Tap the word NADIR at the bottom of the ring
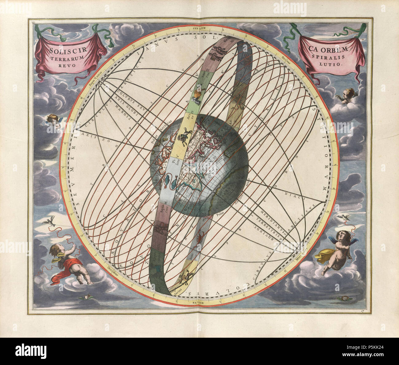pyautogui.click(x=199, y=303)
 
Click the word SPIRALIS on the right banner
pyautogui.click(x=331, y=57)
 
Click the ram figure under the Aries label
pyautogui.click(x=184, y=137)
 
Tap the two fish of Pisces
pyautogui.click(x=169, y=180)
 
